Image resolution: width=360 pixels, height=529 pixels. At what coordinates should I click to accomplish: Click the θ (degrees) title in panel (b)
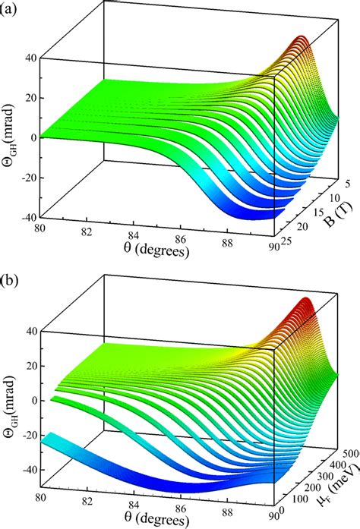[157, 519]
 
